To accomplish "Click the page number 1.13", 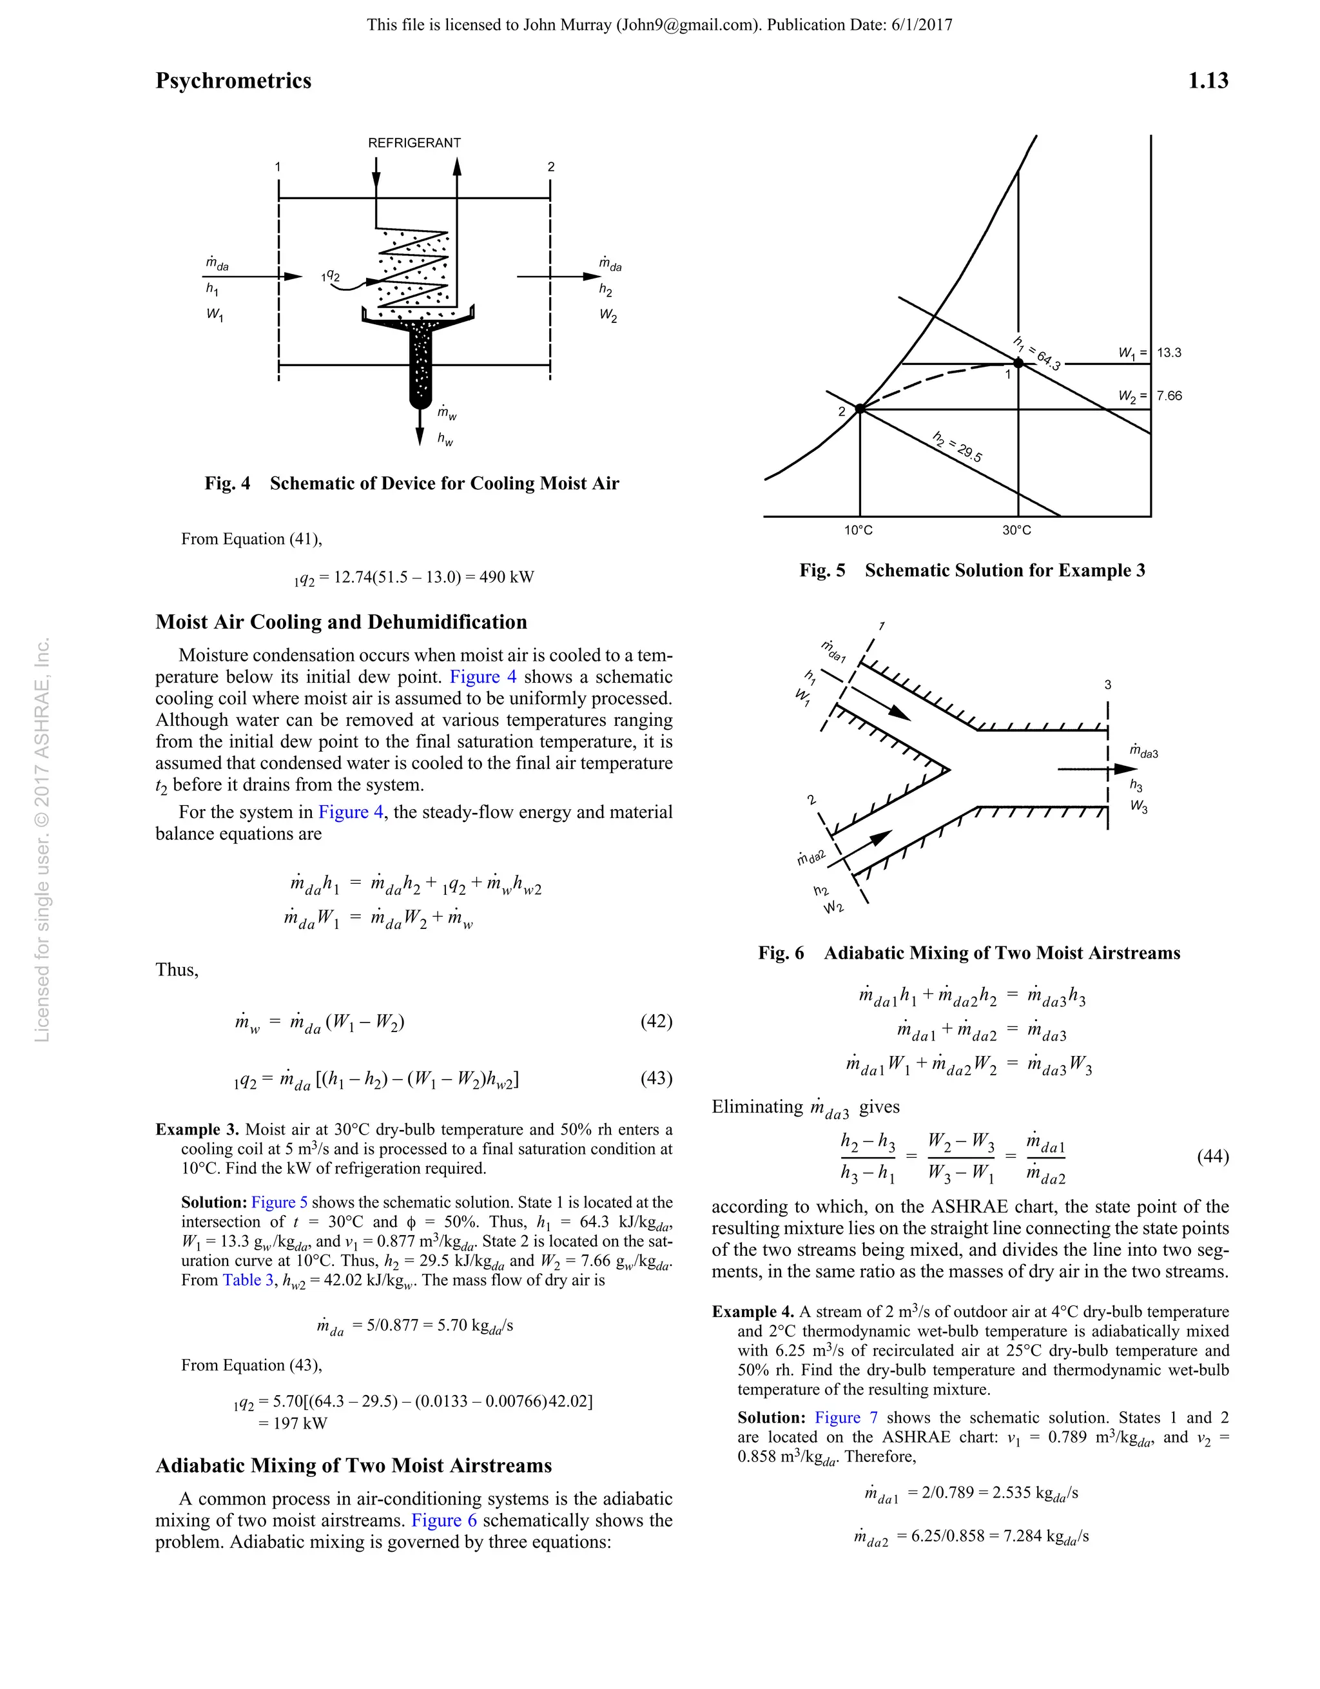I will coord(1207,81).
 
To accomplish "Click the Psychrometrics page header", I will coord(233,81).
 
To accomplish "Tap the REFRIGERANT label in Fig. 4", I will coord(414,143).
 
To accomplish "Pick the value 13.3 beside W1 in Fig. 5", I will coord(1169,353).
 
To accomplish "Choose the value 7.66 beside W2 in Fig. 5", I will coord(1169,396).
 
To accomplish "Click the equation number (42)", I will coord(655,1022).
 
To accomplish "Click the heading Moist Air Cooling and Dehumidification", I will coord(341,623).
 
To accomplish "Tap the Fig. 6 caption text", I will coord(969,953).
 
